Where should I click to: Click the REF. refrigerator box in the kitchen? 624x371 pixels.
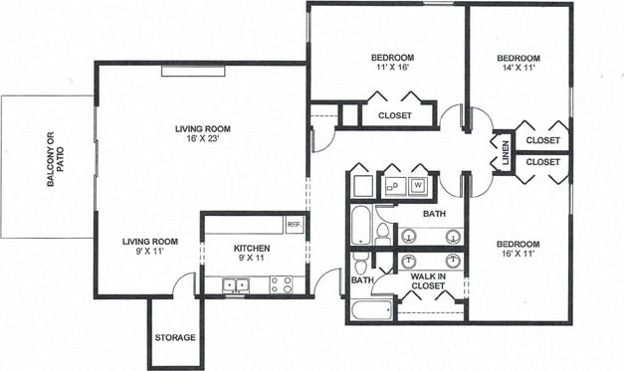(x=293, y=224)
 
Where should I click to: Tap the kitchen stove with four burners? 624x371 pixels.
(x=282, y=284)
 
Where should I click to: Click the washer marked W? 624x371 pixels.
(x=418, y=184)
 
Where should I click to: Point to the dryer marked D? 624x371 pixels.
(x=393, y=184)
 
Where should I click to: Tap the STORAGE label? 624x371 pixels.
(x=174, y=337)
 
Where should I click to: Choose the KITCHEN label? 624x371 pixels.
(x=252, y=248)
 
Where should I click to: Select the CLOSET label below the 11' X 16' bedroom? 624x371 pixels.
(x=395, y=115)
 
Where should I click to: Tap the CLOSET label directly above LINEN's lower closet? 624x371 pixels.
(x=542, y=140)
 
